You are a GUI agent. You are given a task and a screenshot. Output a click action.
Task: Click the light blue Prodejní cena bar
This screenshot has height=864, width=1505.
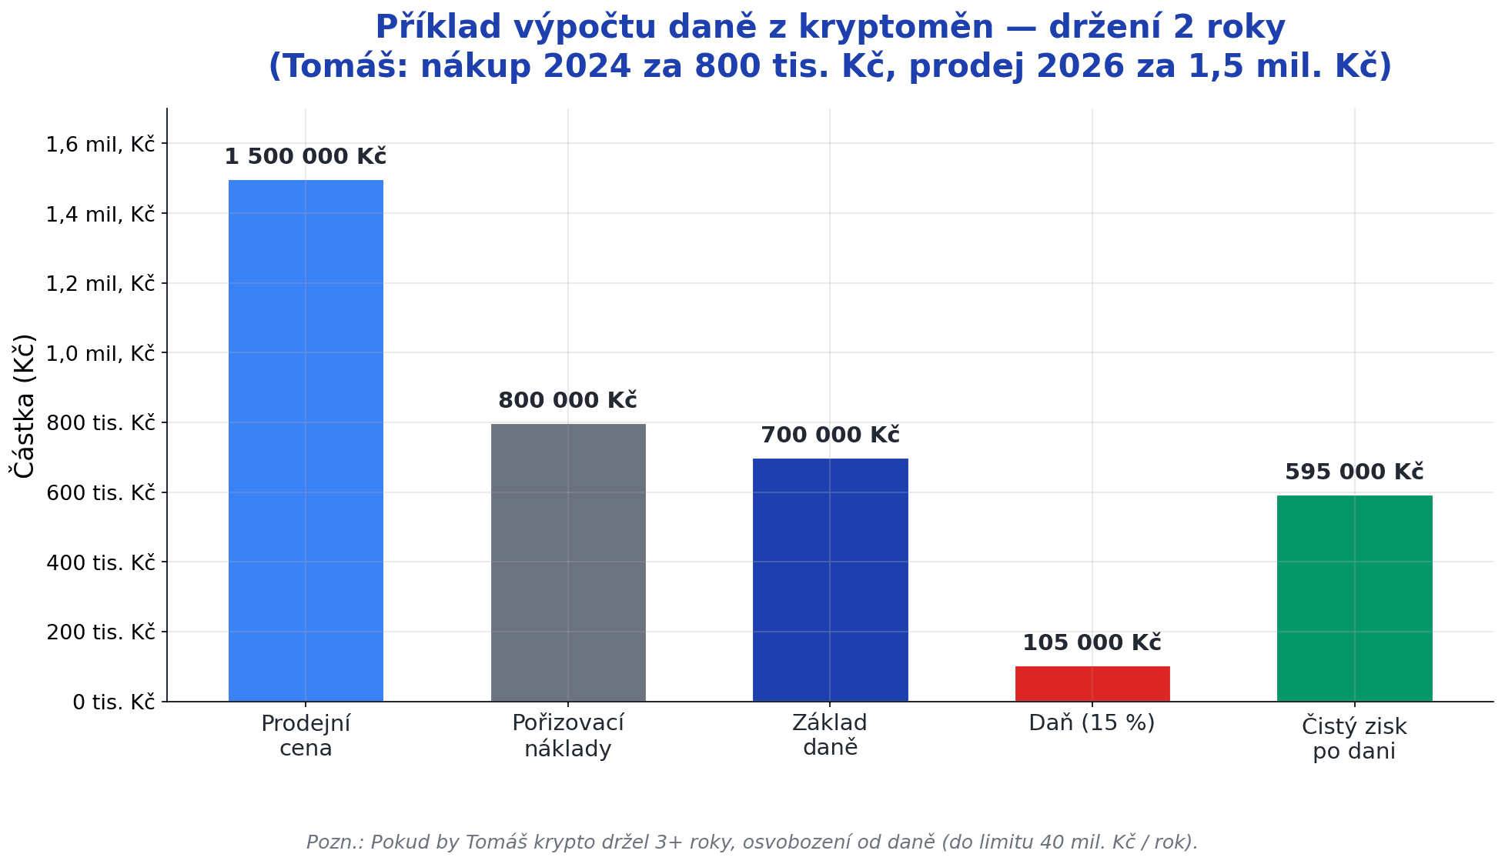tap(306, 440)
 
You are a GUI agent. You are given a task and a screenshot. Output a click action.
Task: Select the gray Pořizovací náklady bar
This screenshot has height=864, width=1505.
tap(568, 562)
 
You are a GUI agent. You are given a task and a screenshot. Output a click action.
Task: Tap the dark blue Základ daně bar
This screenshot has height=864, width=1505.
tap(830, 579)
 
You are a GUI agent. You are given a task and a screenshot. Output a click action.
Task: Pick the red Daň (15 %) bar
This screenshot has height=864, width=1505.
tap(1092, 684)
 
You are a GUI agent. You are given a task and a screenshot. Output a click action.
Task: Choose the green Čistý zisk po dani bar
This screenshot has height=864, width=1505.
tap(1354, 598)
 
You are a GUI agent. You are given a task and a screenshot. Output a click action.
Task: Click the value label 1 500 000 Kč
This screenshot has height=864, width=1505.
tap(306, 157)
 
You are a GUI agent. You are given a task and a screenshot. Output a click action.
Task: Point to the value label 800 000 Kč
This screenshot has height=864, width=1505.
tap(568, 401)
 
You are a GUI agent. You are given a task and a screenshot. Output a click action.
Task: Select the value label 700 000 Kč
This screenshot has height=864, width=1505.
tap(830, 435)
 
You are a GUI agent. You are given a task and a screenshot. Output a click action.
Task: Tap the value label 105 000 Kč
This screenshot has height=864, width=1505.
tap(1092, 643)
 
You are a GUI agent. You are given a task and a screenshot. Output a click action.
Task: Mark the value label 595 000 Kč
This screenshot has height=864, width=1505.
tap(1354, 472)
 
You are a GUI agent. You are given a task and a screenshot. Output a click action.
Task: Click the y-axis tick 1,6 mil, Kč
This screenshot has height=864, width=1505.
tap(100, 144)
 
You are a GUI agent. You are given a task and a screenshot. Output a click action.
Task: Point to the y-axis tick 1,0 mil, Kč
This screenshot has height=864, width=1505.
tap(100, 353)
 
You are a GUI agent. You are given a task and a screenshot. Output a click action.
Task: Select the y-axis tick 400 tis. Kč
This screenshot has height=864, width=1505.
tap(100, 562)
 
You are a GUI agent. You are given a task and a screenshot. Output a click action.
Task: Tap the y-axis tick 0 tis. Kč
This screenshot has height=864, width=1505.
tap(113, 702)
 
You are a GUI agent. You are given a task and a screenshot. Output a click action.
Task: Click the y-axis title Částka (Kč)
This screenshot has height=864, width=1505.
tap(25, 405)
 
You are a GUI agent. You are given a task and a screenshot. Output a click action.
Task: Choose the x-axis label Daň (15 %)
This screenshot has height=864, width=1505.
tap(1092, 723)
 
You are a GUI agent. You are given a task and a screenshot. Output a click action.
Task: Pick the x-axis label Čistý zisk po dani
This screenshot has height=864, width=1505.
tap(1354, 738)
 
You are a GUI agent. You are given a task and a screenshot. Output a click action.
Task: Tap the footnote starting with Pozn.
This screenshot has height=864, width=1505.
tap(752, 842)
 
